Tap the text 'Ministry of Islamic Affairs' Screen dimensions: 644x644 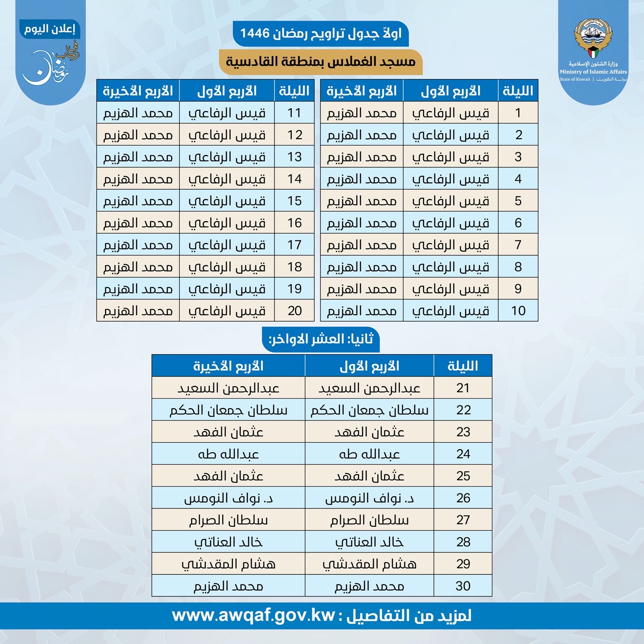[593, 72]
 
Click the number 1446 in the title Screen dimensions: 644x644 [255, 33]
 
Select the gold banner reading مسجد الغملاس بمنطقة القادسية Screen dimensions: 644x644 [320, 62]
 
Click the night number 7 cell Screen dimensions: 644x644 [518, 245]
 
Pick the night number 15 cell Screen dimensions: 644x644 [294, 201]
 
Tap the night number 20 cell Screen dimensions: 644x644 [294, 311]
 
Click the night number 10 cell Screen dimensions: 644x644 [518, 311]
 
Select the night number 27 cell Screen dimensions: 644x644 [463, 520]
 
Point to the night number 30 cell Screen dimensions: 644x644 [463, 586]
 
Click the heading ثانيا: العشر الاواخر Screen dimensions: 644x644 [321, 339]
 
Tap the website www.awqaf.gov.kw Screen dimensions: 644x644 [254, 616]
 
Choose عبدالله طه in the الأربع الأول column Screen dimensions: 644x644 [369, 454]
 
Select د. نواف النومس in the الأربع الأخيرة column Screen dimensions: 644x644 [228, 498]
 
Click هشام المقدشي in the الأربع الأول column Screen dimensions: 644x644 [369, 564]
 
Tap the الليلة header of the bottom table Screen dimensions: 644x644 [463, 366]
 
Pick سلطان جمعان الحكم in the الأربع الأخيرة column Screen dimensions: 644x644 [228, 410]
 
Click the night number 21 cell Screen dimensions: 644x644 [463, 388]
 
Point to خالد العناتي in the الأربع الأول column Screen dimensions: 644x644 [369, 542]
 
